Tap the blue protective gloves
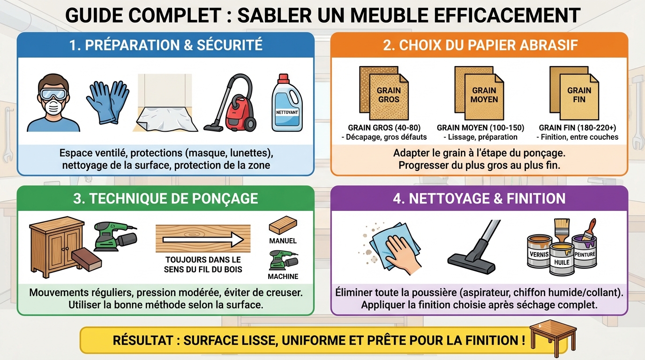[107, 102]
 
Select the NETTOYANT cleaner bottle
[287, 104]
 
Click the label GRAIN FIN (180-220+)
[577, 127]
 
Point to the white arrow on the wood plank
[202, 239]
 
